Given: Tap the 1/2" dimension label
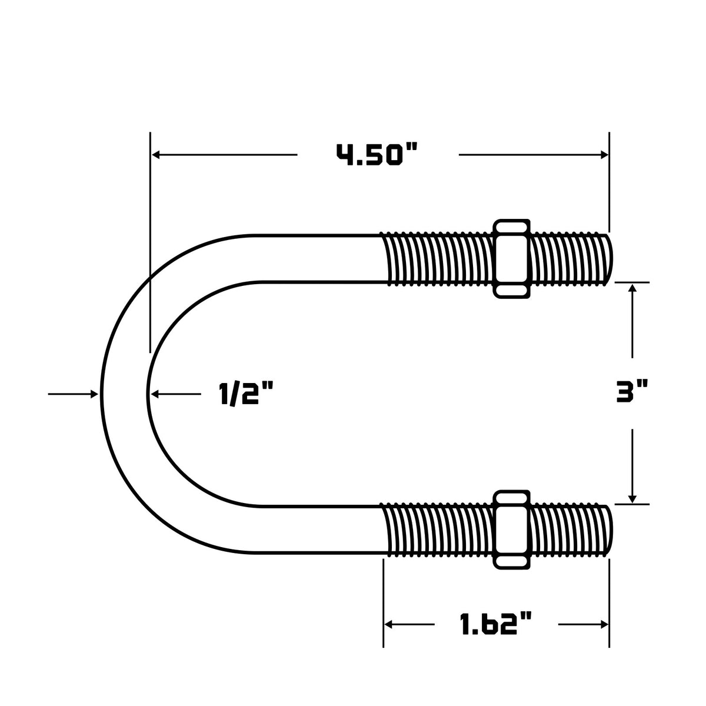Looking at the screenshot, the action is [246, 393].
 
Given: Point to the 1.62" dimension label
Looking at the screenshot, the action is [496, 624].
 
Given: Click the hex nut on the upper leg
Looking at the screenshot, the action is [511, 258].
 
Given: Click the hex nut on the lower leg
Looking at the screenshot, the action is [511, 529].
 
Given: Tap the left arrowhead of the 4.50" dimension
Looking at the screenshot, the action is [156, 155].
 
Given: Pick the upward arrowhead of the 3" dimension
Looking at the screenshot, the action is [632, 288].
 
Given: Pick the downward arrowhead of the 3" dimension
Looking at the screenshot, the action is [632, 498].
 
